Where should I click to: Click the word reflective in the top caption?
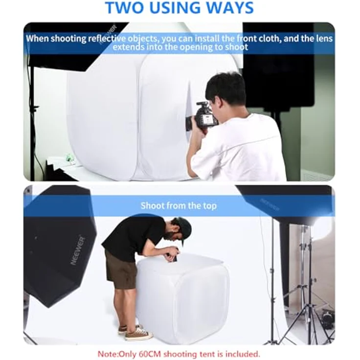pyautogui.click(x=109, y=39)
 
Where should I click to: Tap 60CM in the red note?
pyautogui.click(x=171, y=353)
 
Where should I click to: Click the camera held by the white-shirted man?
pyautogui.click(x=203, y=117)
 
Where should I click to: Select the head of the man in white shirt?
pyautogui.click(x=226, y=92)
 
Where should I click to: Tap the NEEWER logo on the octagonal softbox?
pyautogui.click(x=78, y=250)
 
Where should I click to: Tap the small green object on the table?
pyautogui.click(x=69, y=158)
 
